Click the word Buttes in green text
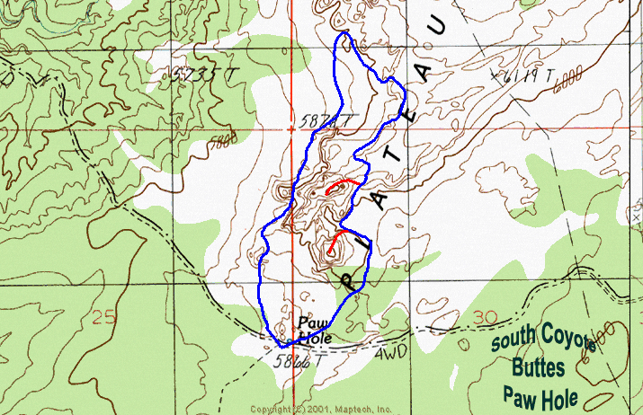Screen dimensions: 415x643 [x=539, y=366]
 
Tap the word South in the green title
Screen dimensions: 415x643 [x=514, y=341]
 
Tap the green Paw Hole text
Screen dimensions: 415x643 [x=539, y=393]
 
